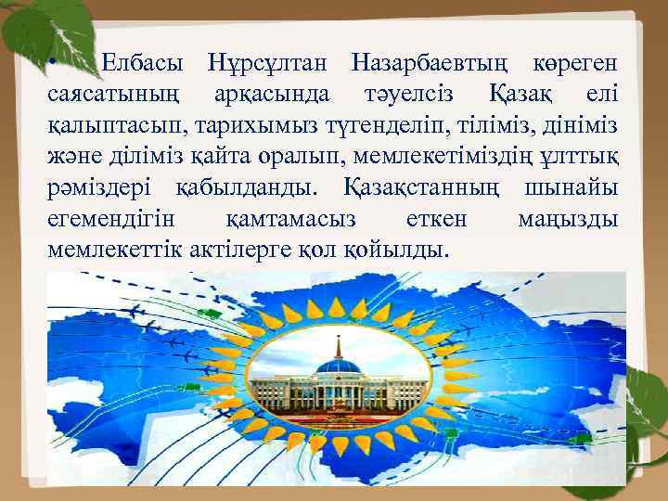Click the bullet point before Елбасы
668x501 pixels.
(x=54, y=62)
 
